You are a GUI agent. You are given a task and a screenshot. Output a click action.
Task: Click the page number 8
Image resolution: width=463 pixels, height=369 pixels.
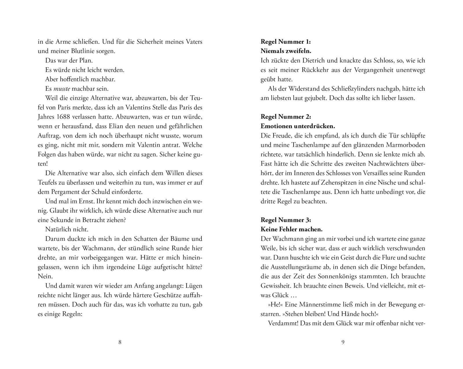[120, 342]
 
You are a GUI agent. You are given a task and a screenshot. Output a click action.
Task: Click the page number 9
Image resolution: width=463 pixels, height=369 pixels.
[343, 342]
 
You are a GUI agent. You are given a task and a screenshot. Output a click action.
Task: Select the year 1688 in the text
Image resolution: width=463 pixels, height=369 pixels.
[65, 117]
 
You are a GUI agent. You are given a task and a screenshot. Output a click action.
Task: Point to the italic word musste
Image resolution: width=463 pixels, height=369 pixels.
[62, 89]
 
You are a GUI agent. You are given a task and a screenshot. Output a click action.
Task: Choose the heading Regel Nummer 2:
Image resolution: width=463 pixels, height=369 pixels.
[286, 117]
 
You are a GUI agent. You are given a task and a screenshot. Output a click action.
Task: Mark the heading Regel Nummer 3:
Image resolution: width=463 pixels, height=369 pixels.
[286, 220]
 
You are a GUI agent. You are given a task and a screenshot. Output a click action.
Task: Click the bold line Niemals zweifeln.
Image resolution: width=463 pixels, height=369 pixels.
[286, 51]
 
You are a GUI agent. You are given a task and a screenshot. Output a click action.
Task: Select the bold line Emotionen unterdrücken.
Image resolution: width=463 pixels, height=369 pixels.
[298, 126]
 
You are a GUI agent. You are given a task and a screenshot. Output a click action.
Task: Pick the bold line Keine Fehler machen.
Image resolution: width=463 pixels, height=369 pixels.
[291, 229]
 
